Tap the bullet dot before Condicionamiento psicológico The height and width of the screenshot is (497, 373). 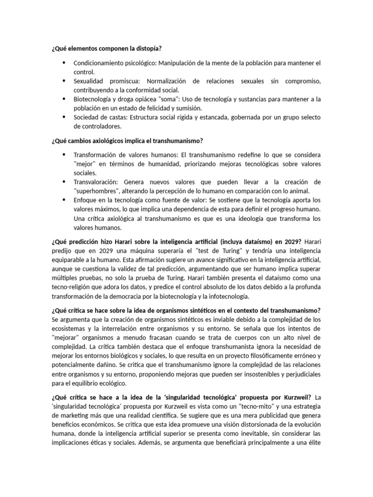point(64,63)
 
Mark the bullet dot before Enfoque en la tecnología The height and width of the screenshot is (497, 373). point(64,199)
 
